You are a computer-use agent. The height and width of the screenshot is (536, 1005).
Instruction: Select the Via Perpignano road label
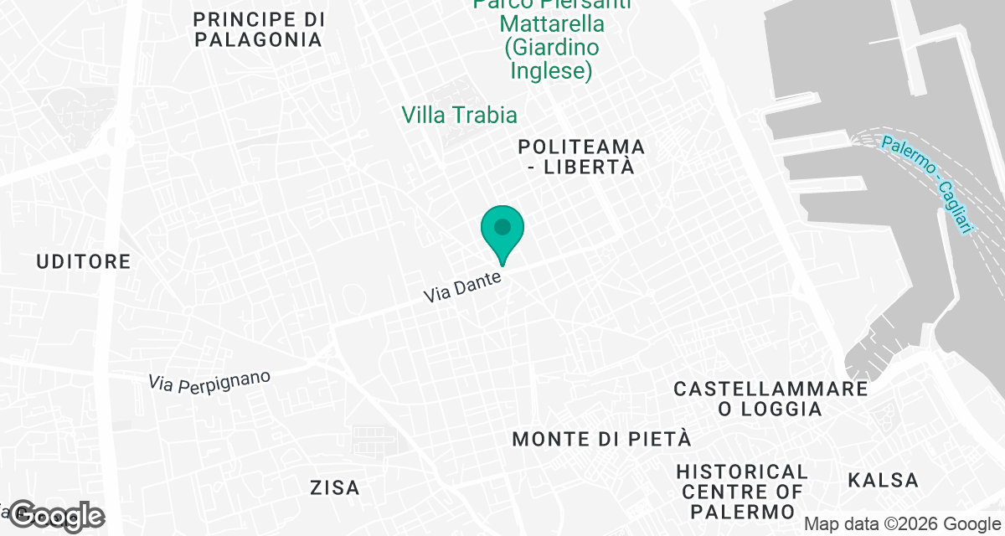click(210, 379)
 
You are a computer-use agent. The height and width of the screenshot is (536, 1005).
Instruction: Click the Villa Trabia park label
click(459, 115)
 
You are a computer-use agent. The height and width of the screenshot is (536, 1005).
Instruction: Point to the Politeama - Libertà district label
click(581, 157)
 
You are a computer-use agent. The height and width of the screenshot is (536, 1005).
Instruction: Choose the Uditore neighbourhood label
click(84, 262)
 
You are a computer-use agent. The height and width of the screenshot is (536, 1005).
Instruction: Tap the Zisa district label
click(334, 487)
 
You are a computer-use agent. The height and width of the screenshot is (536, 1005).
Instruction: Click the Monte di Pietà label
click(601, 439)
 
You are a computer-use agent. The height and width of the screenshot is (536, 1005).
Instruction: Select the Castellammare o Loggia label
click(770, 399)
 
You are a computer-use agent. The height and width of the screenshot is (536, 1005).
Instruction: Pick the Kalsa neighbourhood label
click(883, 481)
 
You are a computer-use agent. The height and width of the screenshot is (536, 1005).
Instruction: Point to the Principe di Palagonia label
click(257, 29)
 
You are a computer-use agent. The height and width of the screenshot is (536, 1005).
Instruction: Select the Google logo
click(57, 517)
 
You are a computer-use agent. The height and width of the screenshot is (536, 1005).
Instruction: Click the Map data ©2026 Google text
click(902, 524)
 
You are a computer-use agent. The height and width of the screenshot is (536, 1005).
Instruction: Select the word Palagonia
click(257, 39)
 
